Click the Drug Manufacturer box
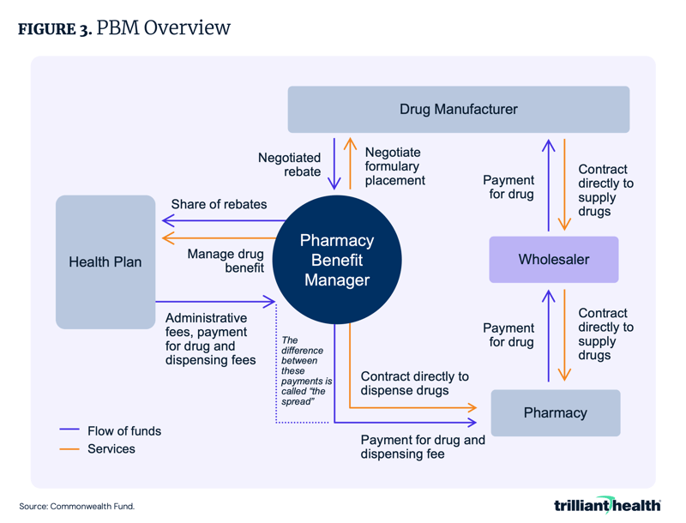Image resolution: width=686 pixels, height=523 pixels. [458, 109]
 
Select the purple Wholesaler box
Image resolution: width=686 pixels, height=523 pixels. [553, 259]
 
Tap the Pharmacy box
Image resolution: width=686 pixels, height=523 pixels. [555, 412]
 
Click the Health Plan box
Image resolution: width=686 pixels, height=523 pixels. [105, 261]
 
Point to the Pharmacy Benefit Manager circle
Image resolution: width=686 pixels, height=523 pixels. [336, 260]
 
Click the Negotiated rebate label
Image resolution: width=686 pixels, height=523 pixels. [289, 165]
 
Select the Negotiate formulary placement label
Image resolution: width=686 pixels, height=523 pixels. [394, 166]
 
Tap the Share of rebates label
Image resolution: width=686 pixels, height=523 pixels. [219, 204]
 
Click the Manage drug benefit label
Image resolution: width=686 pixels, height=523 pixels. [226, 261]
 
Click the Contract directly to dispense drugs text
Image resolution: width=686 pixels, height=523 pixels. [414, 383]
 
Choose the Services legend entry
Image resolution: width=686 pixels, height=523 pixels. [111, 448]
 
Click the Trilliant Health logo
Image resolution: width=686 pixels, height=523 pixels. [606, 505]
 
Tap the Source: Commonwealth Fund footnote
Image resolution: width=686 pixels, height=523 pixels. [76, 507]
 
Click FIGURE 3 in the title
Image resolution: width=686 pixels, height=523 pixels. [54, 28]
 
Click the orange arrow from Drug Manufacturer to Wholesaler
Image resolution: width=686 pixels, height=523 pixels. [564, 184]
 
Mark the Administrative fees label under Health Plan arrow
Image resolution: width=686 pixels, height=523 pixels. [210, 339]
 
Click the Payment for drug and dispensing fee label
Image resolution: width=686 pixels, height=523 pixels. [422, 447]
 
